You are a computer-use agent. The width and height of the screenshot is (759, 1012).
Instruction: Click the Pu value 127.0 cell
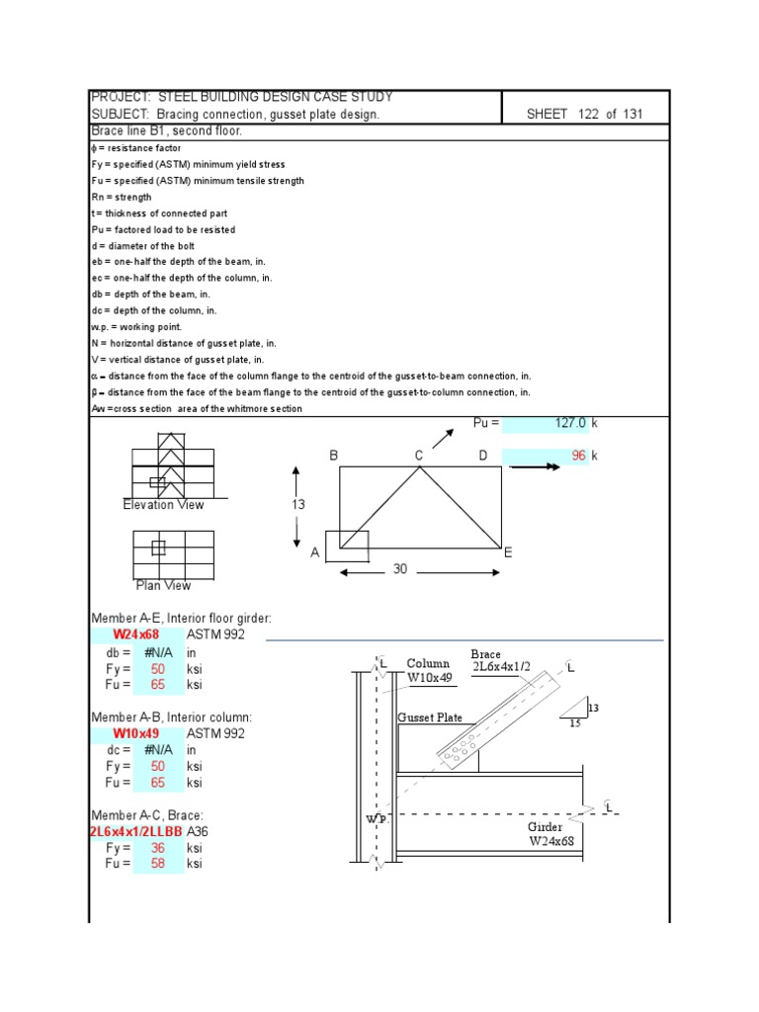pyautogui.click(x=546, y=423)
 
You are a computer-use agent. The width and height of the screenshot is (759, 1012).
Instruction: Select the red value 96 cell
pyautogui.click(x=546, y=456)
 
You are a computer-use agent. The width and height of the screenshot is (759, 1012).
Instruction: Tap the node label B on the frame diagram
pyautogui.click(x=334, y=456)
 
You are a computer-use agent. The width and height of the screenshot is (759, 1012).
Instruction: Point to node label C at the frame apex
pyautogui.click(x=419, y=456)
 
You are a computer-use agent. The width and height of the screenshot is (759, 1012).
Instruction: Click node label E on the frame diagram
pyautogui.click(x=508, y=553)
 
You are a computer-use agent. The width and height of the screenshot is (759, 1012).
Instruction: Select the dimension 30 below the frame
pyautogui.click(x=399, y=569)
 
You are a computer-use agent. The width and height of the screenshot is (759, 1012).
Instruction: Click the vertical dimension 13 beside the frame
pyautogui.click(x=297, y=505)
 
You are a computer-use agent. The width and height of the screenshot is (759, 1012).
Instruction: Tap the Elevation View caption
pyautogui.click(x=163, y=505)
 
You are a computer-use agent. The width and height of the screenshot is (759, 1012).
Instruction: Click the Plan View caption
pyautogui.click(x=163, y=586)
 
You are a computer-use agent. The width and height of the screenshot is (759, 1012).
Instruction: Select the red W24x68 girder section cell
pyautogui.click(x=135, y=634)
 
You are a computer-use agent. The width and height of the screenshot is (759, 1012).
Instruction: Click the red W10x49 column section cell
pyautogui.click(x=135, y=733)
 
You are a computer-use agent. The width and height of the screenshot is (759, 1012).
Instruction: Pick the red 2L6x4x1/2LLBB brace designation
pyautogui.click(x=135, y=832)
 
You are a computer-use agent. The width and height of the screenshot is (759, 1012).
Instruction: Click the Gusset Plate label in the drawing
pyautogui.click(x=429, y=718)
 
